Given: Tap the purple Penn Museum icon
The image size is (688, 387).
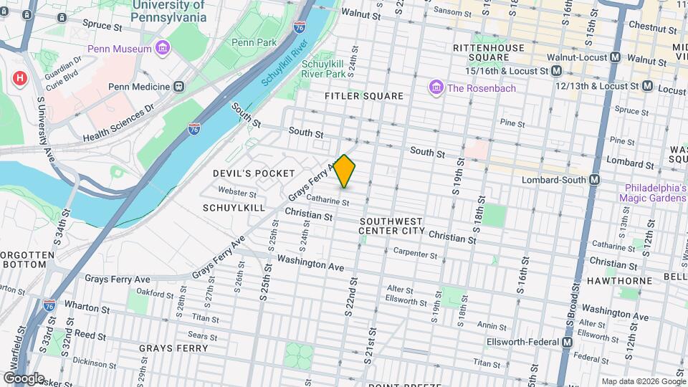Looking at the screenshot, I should pos(163,49).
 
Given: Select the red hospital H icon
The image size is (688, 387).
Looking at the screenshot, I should pos(19,77).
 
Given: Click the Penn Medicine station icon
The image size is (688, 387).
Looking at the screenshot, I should pos(179,87).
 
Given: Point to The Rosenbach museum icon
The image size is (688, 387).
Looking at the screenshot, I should pos(435,87).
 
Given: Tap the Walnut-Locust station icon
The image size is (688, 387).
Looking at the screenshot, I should pos(615,57).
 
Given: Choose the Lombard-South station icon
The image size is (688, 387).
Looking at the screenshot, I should pos(594,180).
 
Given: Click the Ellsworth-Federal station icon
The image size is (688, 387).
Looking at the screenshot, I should pos(567,343).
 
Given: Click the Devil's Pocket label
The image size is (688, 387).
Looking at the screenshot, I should pos(254,173).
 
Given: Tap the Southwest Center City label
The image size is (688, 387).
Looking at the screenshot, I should pos(393,226).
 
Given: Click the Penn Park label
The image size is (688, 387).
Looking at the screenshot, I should pos(254,42).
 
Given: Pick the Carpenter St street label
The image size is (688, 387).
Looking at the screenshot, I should pos(416,254).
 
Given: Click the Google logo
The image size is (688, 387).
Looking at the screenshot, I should pos(24,378).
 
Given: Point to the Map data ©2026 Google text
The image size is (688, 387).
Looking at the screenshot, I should pos(642,381).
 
